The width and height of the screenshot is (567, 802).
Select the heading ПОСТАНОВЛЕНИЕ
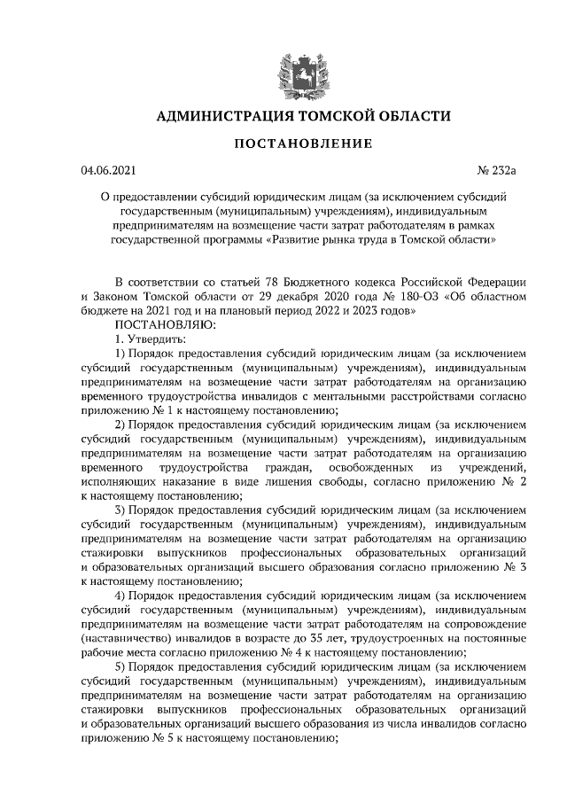click(303, 144)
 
